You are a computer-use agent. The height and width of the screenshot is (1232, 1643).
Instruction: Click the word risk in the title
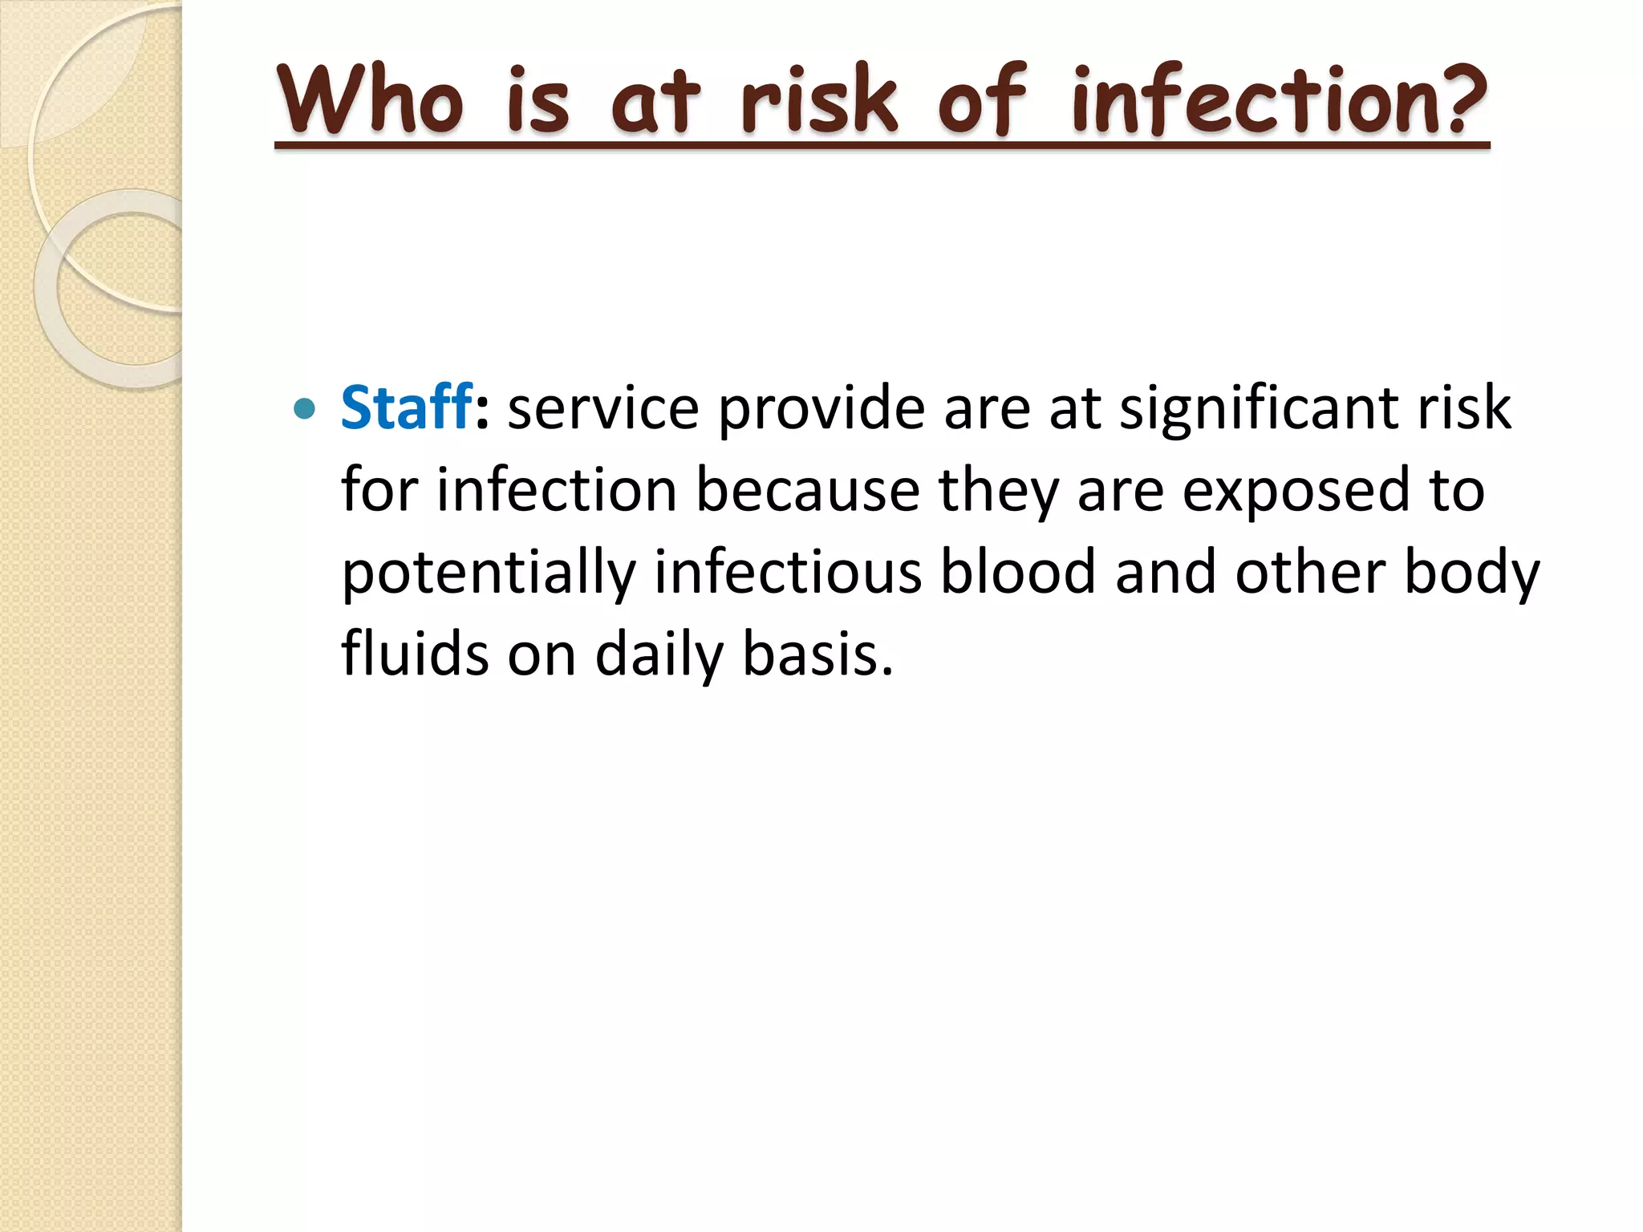818,100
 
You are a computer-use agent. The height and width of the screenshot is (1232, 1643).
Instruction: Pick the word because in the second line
807,491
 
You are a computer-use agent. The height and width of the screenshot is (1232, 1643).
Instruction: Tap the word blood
1017,573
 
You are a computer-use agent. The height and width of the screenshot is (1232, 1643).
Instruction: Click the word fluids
415,654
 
